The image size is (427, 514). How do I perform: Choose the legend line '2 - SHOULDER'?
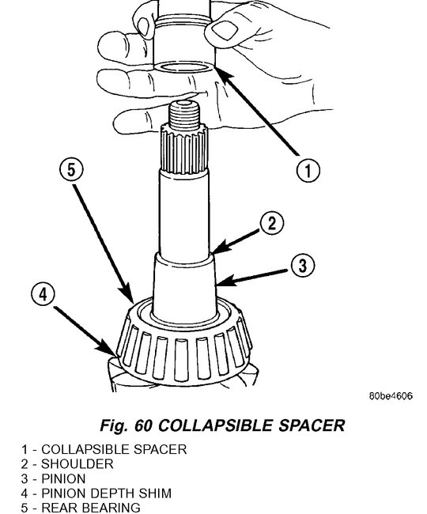67,464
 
